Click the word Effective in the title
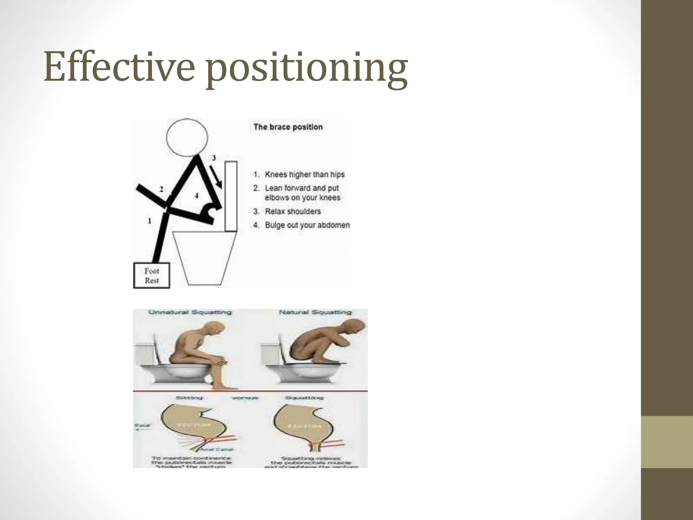(119, 67)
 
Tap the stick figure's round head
(187, 137)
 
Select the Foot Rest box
(152, 276)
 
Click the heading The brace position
(288, 127)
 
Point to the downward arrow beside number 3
(216, 176)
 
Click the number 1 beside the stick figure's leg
(150, 221)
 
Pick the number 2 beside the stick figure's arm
(161, 189)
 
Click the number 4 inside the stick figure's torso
(196, 195)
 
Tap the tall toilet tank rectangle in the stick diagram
(231, 196)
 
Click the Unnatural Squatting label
(190, 312)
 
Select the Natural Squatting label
(315, 312)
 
